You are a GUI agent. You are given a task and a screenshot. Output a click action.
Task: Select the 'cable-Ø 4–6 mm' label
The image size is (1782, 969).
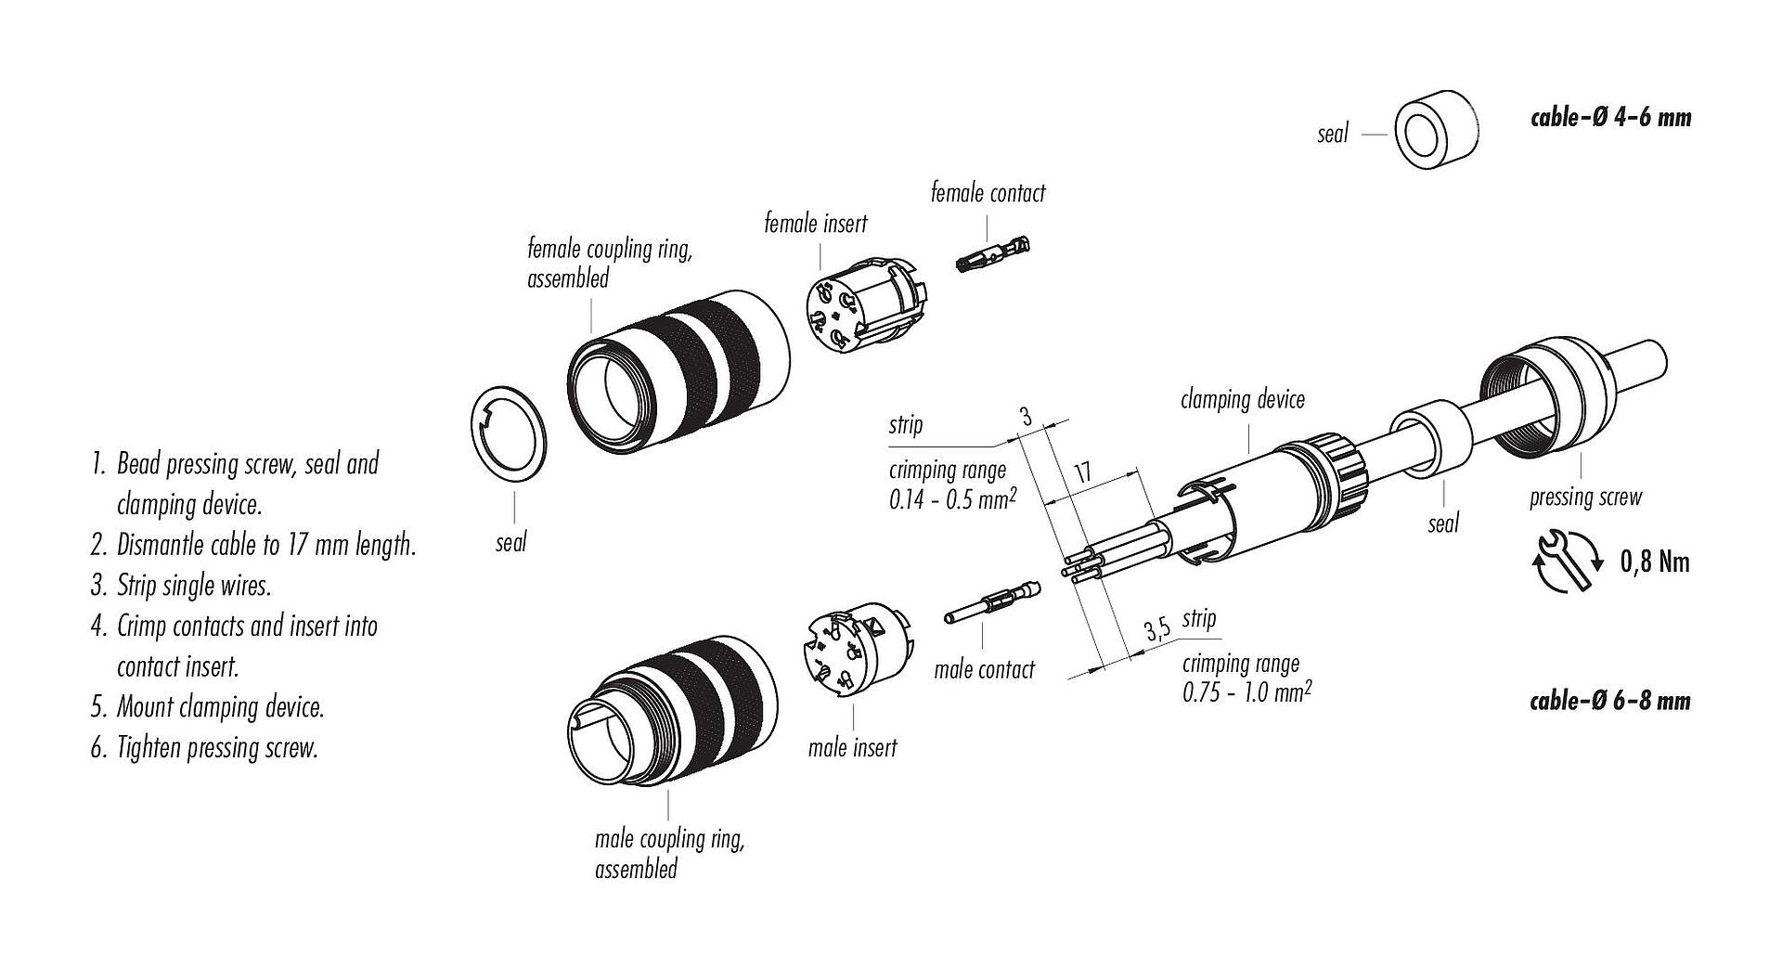point(1610,118)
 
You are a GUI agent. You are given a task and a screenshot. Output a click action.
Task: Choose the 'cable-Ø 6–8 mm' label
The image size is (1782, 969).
point(1609,701)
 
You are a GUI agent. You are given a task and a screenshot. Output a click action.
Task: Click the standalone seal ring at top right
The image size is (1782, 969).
point(1436,131)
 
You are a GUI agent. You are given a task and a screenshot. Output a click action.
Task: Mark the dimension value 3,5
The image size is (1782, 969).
point(1156,631)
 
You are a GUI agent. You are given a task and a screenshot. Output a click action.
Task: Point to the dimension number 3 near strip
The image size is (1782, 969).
point(1026,417)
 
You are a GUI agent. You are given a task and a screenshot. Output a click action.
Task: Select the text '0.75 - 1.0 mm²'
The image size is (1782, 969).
point(1246,692)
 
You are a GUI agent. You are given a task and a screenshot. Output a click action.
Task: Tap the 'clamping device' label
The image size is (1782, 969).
point(1242,400)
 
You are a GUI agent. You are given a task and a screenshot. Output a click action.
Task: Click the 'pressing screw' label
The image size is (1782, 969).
point(1585,497)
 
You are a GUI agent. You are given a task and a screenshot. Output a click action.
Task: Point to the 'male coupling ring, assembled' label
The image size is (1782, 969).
point(668,854)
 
